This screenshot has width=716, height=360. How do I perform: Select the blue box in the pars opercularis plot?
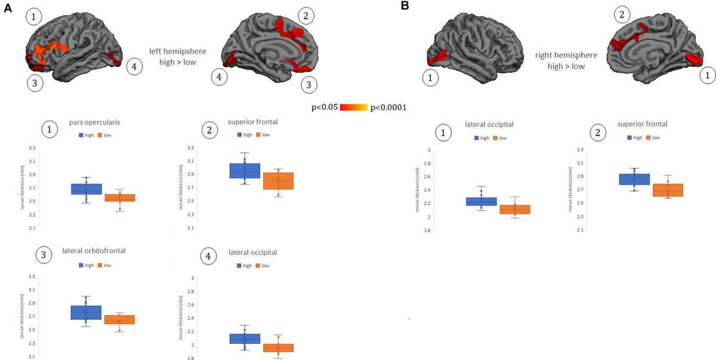87,189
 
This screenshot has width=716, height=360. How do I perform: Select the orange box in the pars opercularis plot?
119,198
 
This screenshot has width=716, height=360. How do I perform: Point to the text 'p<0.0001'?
388,107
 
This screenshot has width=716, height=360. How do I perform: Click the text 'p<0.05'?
325,107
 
